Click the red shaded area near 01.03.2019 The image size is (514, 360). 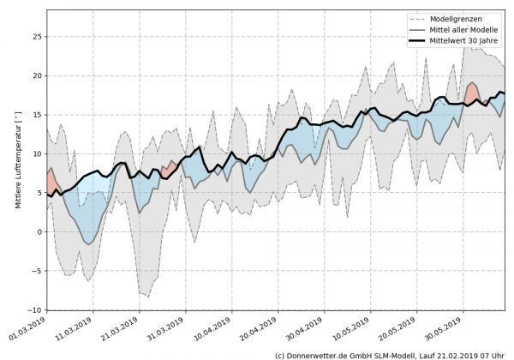point(51,183)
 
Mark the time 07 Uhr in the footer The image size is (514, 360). point(494,354)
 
